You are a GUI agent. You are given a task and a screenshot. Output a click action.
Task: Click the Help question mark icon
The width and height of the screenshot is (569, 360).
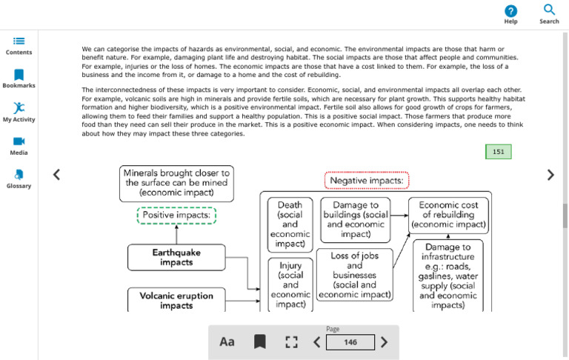pyautogui.click(x=510, y=11)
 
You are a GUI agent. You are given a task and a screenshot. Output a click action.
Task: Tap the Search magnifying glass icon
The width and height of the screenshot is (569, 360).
pyautogui.click(x=549, y=10)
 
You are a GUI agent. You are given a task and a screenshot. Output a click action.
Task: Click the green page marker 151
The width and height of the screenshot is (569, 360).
pyautogui.click(x=498, y=152)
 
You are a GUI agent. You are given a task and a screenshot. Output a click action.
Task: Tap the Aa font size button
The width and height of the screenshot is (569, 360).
pyautogui.click(x=227, y=342)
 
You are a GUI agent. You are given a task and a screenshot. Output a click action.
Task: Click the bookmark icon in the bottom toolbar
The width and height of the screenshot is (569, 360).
pyautogui.click(x=260, y=342)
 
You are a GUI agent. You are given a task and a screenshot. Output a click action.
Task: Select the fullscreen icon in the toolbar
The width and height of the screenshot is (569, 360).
pyautogui.click(x=291, y=342)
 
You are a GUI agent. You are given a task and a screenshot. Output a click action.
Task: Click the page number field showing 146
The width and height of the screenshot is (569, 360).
pyautogui.click(x=350, y=342)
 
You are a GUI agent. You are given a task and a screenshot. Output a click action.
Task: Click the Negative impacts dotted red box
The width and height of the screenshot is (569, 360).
pyautogui.click(x=367, y=180)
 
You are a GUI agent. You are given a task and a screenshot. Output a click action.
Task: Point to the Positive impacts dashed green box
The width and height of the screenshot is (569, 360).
pyautogui.click(x=176, y=216)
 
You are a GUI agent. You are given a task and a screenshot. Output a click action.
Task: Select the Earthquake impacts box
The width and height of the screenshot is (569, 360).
pyautogui.click(x=176, y=257)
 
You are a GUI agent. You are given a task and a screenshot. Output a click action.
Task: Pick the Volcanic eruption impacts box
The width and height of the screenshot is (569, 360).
pyautogui.click(x=176, y=300)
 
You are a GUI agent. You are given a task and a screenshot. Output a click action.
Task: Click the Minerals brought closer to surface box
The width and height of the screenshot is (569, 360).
pyautogui.click(x=176, y=184)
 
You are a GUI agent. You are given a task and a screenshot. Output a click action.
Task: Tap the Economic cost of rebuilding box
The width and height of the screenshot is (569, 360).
pyautogui.click(x=448, y=215)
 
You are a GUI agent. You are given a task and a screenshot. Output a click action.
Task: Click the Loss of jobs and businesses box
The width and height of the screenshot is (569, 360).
pyautogui.click(x=355, y=275)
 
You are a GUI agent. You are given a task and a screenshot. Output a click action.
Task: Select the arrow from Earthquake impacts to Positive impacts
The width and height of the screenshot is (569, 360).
pyautogui.click(x=176, y=234)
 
